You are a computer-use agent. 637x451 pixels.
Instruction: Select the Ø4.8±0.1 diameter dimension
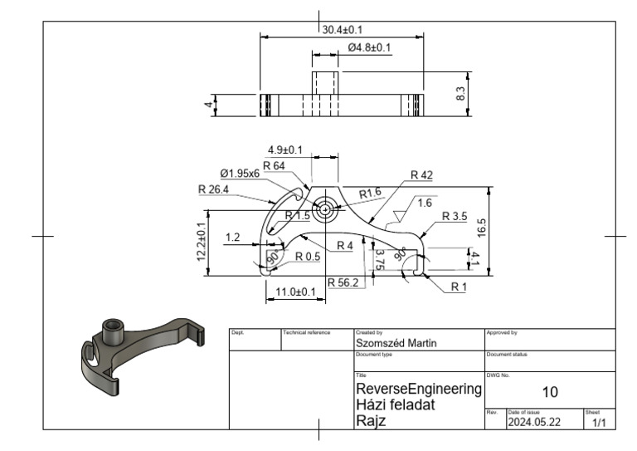tap(369, 47)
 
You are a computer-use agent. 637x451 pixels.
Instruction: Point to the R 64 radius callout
tap(274, 166)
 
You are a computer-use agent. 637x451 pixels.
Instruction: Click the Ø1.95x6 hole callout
tap(240, 174)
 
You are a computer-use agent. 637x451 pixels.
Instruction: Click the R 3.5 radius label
tap(455, 216)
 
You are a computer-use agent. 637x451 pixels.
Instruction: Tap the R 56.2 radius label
tap(343, 282)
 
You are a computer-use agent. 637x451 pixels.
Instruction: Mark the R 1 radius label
tap(460, 287)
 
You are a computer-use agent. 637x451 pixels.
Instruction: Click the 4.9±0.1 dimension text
tap(284, 150)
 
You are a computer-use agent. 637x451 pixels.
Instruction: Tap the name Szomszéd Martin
tap(396, 343)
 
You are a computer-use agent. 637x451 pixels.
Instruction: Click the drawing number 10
tap(549, 392)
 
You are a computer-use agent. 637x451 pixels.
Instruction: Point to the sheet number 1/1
tap(599, 424)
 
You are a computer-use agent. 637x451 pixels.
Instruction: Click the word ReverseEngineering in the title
tap(419, 389)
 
